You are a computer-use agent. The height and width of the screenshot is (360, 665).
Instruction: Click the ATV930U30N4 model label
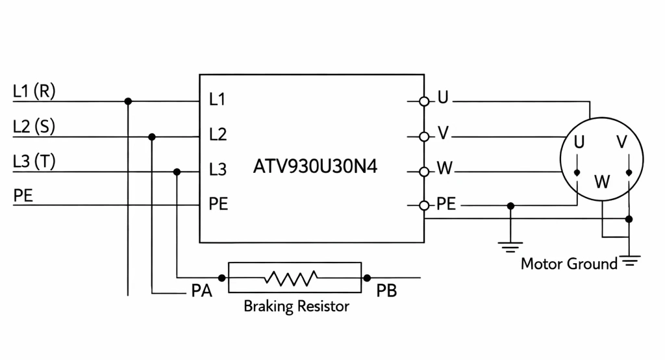point(315,166)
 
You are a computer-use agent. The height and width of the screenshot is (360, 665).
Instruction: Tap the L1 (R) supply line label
point(34,91)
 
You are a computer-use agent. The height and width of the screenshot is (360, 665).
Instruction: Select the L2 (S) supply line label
point(34,127)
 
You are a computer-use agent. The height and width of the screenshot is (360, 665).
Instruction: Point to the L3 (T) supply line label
point(34,161)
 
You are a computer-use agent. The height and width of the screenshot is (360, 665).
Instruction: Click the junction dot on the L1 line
point(128,101)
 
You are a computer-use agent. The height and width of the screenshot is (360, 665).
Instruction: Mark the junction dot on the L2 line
point(152,136)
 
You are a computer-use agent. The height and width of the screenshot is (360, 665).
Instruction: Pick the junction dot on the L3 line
point(177,172)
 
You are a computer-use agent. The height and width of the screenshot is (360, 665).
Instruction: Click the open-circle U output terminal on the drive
point(423,101)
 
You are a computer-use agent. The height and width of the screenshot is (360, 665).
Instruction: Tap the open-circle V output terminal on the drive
point(423,136)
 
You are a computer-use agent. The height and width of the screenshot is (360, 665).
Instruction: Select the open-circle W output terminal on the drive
point(423,172)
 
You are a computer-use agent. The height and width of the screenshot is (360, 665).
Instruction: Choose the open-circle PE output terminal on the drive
point(423,205)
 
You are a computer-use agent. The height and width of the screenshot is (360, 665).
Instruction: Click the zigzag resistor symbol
point(291,278)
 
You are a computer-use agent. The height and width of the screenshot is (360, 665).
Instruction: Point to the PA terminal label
point(201,291)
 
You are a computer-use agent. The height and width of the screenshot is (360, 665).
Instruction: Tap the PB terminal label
point(386,291)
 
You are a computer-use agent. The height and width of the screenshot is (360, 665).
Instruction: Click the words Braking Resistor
point(296,306)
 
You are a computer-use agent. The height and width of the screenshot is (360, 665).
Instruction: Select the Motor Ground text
point(569,264)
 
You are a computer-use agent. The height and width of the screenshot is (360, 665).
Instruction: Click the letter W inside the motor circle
point(602,182)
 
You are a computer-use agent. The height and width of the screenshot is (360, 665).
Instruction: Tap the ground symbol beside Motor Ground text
point(630,261)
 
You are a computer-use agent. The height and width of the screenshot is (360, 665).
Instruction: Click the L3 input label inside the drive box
point(218,170)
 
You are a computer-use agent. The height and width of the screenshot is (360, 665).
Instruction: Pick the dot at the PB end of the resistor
point(367,278)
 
